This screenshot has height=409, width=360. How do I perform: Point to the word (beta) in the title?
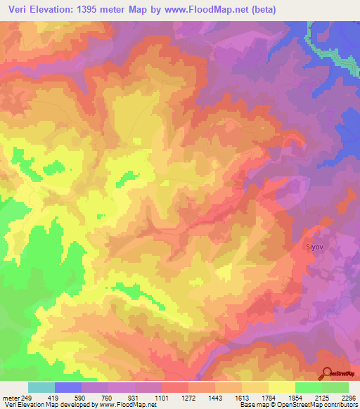260,10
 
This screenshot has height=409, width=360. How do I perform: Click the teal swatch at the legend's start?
41,387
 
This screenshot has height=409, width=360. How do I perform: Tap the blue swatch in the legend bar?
68,387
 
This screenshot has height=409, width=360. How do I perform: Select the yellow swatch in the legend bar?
281,387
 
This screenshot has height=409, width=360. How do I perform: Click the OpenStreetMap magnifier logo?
326,373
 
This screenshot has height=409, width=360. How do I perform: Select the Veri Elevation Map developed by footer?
49,405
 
